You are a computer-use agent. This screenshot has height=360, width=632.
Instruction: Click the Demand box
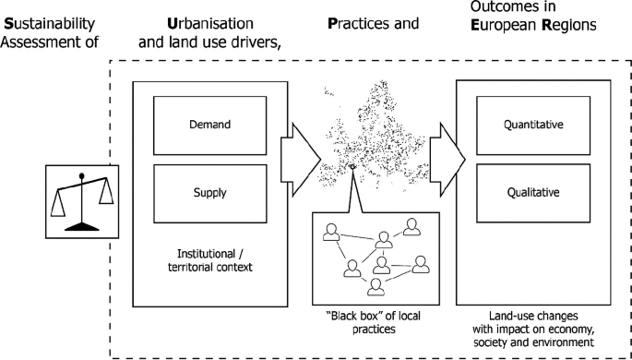coord(210,124)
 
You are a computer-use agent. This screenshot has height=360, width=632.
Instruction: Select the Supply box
coord(210,193)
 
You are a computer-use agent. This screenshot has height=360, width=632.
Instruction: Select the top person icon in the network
coord(411,225)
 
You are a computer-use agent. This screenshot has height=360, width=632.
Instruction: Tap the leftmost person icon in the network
coord(330,237)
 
